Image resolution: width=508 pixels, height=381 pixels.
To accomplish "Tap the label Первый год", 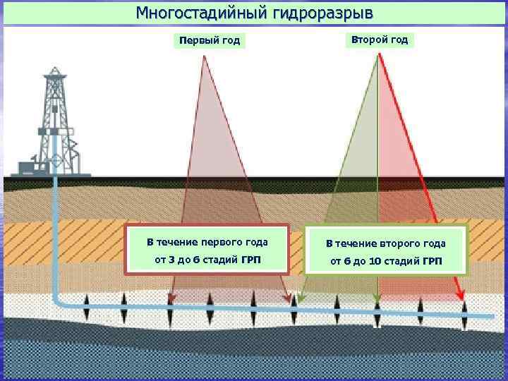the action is pyautogui.click(x=210, y=40).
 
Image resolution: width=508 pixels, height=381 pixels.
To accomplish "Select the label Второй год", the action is pyautogui.click(x=380, y=40).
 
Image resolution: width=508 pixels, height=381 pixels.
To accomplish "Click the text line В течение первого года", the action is pyautogui.click(x=207, y=241).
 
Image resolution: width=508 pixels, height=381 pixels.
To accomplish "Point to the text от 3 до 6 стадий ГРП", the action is pyautogui.click(x=207, y=261).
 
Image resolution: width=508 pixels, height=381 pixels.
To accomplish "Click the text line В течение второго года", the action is pyautogui.click(x=385, y=243).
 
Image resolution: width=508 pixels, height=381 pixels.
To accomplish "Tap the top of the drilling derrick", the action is pyautogui.click(x=54, y=71).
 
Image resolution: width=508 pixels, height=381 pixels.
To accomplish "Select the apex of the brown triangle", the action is pyautogui.click(x=203, y=56).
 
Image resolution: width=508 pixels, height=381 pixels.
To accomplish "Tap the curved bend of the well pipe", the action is pyautogui.click(x=58, y=299).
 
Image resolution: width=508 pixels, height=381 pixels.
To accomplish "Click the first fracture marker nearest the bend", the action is pyautogui.click(x=86, y=308).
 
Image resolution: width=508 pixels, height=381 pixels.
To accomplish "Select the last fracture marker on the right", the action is pyautogui.click(x=464, y=313).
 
